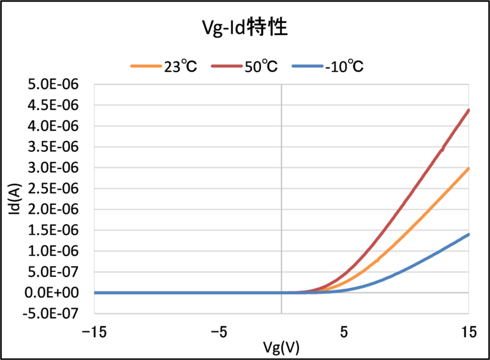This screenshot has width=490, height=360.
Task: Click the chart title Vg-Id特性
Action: point(245,29)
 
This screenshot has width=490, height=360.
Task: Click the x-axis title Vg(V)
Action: point(281,348)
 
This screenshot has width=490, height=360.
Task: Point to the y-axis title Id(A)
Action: point(15,199)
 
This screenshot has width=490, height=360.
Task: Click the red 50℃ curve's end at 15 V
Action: point(468,110)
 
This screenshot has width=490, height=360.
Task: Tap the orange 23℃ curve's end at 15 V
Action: point(468,169)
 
